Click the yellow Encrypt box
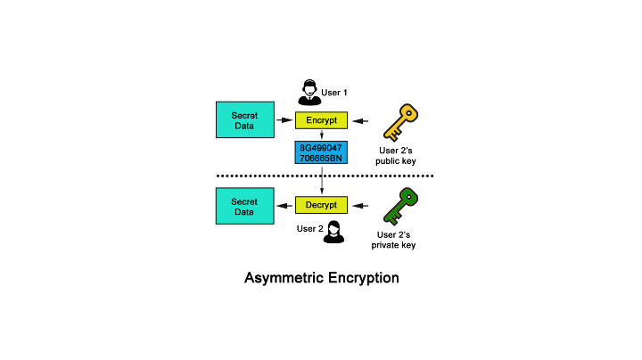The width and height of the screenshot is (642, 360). coord(320,120)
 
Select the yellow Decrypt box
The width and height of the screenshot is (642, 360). coord(320,205)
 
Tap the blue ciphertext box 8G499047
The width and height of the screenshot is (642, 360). coord(320,152)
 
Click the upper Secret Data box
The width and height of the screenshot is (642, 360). coord(244,120)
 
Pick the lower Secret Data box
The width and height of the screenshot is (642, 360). coord(244,206)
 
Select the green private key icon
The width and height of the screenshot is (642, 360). coord(398,206)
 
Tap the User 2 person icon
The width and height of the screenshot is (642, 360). coord(334,232)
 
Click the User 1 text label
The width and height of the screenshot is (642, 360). coord(335,92)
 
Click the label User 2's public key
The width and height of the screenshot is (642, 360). coord(398,156)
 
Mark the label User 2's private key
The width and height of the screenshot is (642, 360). coord(398,239)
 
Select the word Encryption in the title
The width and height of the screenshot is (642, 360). coord(360,278)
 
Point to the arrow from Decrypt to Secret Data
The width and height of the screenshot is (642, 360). coord(284,206)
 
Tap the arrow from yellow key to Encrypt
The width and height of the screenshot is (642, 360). coord(360,120)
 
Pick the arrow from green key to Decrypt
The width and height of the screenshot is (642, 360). coord(360,206)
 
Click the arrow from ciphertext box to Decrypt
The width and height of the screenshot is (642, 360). coord(320,181)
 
